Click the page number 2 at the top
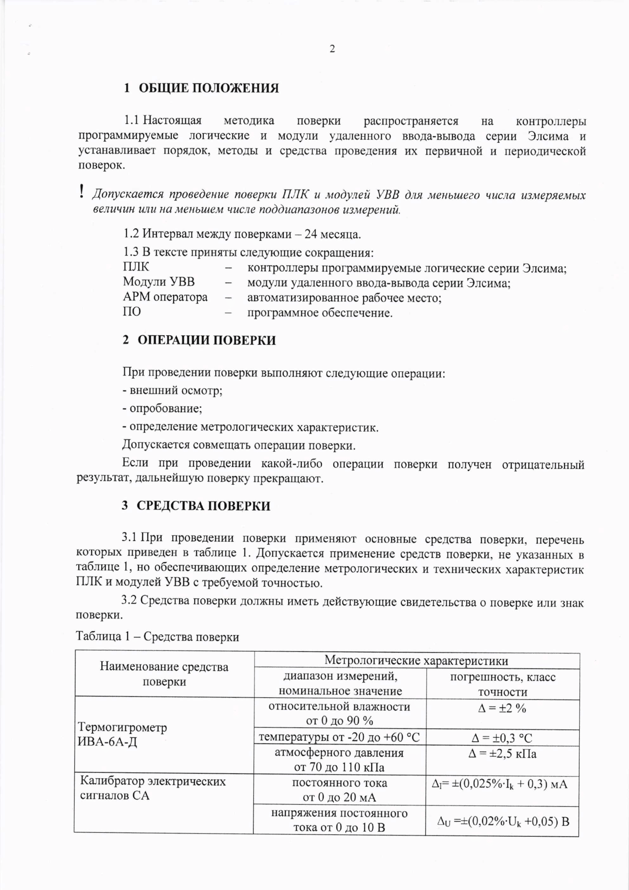point(332,49)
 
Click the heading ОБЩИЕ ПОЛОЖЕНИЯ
point(208,88)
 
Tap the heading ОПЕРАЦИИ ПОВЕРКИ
point(206,340)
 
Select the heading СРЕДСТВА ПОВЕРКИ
point(203,506)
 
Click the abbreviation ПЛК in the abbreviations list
point(136,267)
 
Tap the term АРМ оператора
point(165,297)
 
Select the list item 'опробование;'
point(163,408)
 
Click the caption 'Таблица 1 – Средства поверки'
point(157,637)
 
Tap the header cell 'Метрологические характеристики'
point(416,660)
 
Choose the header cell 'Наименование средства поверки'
point(164,674)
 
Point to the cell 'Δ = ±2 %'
point(502,708)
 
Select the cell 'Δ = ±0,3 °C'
point(502,738)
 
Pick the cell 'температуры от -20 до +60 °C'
point(339,737)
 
